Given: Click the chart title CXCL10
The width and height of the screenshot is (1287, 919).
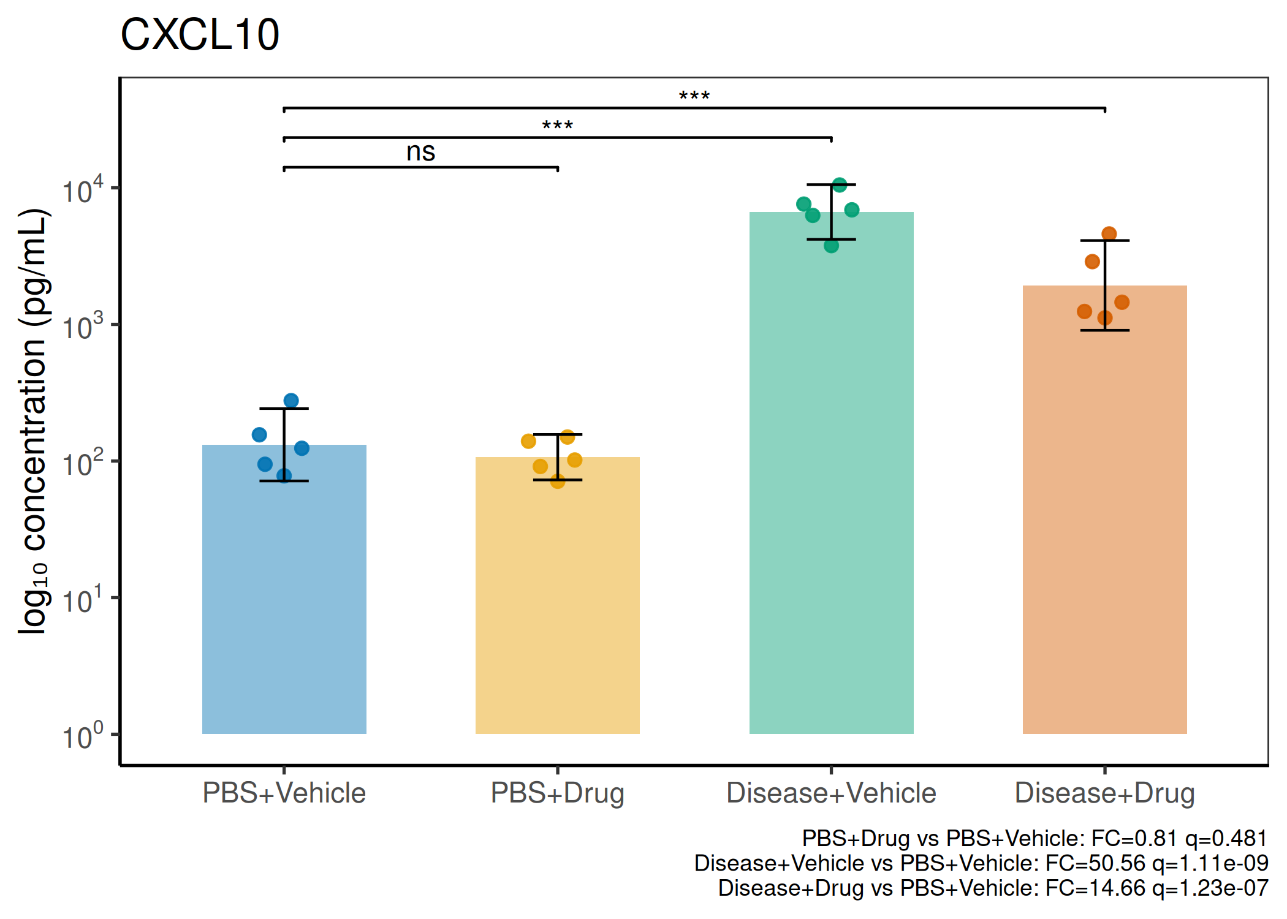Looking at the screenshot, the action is [x=200, y=34].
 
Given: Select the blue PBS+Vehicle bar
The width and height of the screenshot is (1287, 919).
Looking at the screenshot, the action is [x=284, y=589].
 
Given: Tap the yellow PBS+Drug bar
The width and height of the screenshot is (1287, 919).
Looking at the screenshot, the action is [x=558, y=595].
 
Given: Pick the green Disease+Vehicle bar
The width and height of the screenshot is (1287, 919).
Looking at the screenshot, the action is [x=831, y=472].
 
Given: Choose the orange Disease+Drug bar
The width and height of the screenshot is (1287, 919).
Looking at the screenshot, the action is [x=1104, y=509].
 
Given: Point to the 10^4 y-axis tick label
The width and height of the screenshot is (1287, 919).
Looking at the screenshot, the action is [x=83, y=190].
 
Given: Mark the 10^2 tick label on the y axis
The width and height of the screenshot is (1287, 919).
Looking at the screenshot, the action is [x=83, y=463].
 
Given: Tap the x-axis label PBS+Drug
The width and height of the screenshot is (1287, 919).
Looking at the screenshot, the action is [x=558, y=793].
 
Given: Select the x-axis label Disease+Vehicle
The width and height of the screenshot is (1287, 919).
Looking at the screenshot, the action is [x=831, y=793].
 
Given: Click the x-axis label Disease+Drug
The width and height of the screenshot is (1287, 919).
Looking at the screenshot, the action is [x=1104, y=793].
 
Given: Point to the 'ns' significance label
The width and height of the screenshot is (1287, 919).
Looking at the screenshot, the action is [x=421, y=152].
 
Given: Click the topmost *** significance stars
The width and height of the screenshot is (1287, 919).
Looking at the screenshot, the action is [x=694, y=96].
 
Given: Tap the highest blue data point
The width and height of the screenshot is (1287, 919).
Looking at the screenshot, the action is [x=291, y=401].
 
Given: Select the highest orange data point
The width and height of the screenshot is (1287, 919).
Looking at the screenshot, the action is [x=1109, y=233].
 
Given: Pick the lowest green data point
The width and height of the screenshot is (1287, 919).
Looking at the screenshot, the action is [x=831, y=246].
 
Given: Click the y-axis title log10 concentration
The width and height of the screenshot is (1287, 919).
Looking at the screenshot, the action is [x=33, y=422].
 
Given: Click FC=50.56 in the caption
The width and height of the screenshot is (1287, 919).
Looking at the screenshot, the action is [x=1095, y=863].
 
